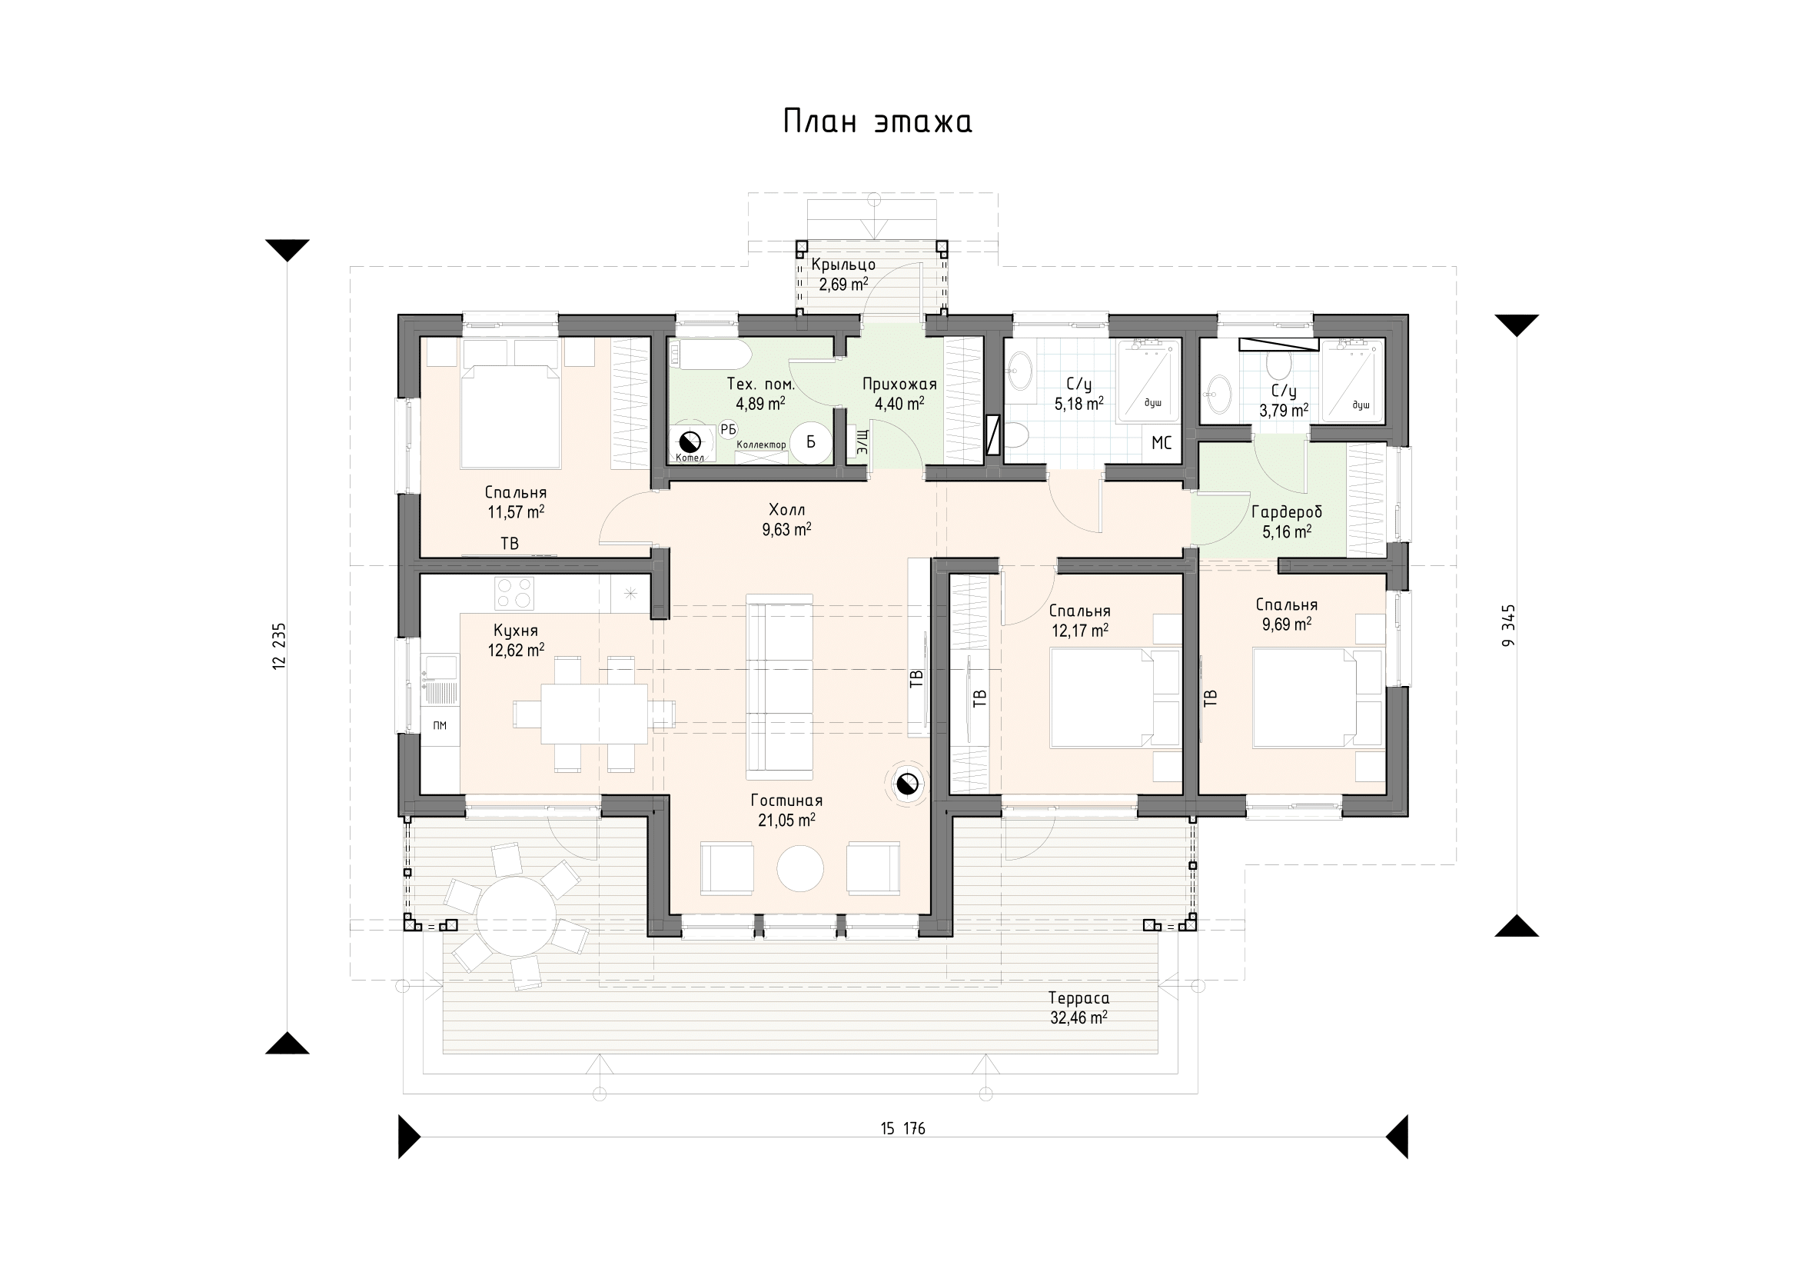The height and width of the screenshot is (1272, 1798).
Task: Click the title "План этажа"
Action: pyautogui.click(x=877, y=122)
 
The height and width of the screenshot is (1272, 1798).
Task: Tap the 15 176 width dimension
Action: pyautogui.click(x=902, y=1129)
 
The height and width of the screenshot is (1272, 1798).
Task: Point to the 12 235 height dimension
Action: pyautogui.click(x=280, y=646)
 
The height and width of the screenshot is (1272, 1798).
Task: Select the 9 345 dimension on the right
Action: pyautogui.click(x=1509, y=625)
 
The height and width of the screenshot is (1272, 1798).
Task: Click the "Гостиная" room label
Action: pyautogui.click(x=786, y=801)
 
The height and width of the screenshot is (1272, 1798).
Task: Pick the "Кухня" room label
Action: pyautogui.click(x=515, y=631)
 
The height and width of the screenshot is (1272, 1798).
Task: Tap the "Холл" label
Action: pyautogui.click(x=787, y=510)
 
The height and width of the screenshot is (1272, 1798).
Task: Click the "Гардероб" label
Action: pyautogui.click(x=1287, y=512)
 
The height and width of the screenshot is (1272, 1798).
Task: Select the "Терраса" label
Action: pyautogui.click(x=1078, y=999)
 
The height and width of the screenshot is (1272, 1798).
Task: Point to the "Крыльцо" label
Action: pyautogui.click(x=843, y=265)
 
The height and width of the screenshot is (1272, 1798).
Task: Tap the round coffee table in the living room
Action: pyautogui.click(x=799, y=868)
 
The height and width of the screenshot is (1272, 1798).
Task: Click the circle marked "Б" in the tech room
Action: pyautogui.click(x=810, y=441)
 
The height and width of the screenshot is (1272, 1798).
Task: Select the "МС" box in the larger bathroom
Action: pyautogui.click(x=1162, y=442)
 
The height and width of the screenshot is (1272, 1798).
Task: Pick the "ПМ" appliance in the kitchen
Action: pyautogui.click(x=440, y=726)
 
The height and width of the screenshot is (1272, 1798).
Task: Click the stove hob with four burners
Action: pyautogui.click(x=514, y=593)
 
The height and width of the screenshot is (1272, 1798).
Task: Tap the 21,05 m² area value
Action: pyautogui.click(x=786, y=820)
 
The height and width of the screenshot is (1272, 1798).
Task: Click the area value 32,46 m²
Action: pyautogui.click(x=1078, y=1018)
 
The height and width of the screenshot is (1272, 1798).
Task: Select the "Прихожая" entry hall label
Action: pyautogui.click(x=900, y=384)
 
